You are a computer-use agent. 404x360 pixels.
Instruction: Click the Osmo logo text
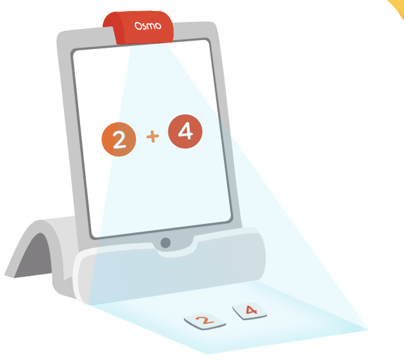pos(148,26)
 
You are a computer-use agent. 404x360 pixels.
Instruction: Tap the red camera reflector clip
pos(138,27)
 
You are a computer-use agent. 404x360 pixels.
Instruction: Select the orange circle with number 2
pos(119,139)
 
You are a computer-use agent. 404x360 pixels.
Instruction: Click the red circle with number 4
pos(185,132)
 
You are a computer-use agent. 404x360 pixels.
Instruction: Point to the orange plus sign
pos(152,136)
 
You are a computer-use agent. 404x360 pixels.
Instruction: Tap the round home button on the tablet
pos(165,243)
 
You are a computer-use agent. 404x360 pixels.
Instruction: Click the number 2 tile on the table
pos(205,321)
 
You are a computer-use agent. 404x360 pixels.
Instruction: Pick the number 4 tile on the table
pos(250,311)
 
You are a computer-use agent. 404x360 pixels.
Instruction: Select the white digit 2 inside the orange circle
pos(119,139)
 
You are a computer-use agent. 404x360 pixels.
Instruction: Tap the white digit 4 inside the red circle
pos(185,131)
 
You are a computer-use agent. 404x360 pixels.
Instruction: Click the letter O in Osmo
pos(138,26)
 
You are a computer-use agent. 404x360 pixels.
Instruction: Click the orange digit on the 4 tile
pos(251,310)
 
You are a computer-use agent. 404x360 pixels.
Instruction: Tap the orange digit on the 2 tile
pos(205,320)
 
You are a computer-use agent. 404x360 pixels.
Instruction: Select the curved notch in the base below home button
pos(175,250)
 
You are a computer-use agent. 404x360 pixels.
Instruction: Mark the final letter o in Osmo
pos(158,26)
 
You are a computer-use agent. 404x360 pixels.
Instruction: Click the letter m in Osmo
pos(150,26)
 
